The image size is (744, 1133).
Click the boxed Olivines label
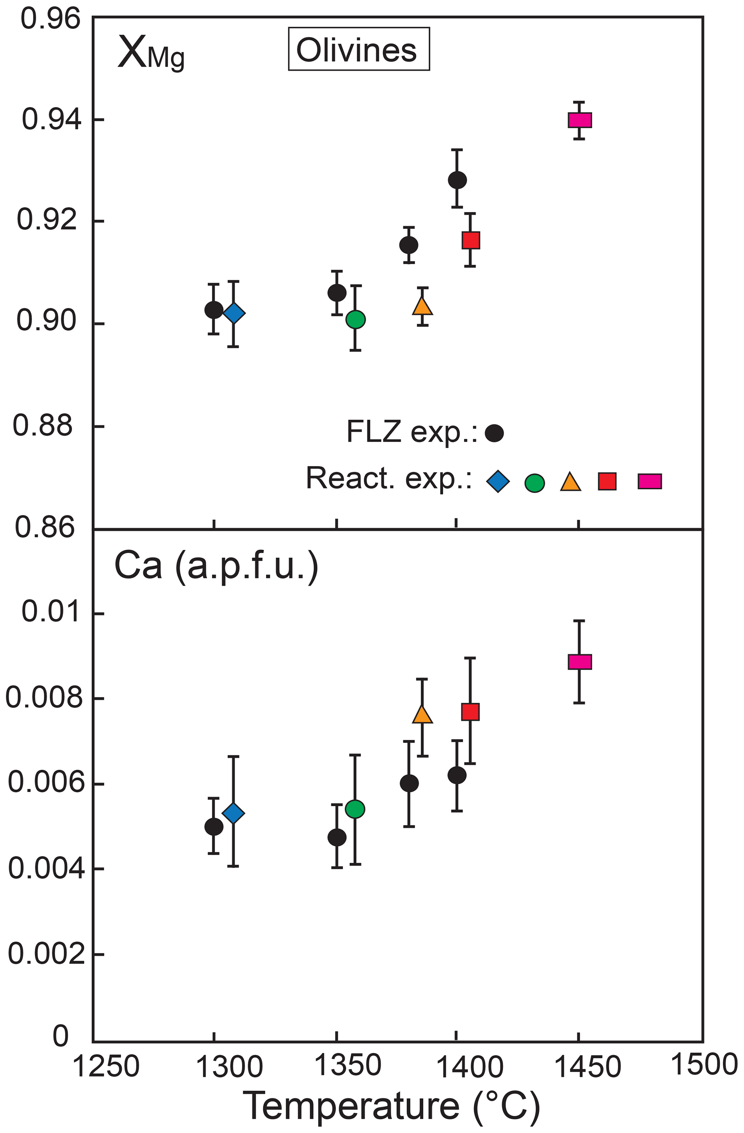point(359,50)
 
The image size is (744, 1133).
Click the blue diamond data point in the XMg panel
point(234,313)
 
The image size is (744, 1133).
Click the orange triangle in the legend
point(570,482)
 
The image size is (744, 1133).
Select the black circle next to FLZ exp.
point(494,433)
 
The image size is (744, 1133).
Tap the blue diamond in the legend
point(498,481)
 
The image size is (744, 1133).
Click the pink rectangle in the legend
point(650,481)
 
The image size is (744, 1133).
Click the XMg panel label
point(150,53)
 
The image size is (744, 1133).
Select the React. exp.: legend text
point(389,478)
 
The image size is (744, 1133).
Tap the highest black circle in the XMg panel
point(457,180)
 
